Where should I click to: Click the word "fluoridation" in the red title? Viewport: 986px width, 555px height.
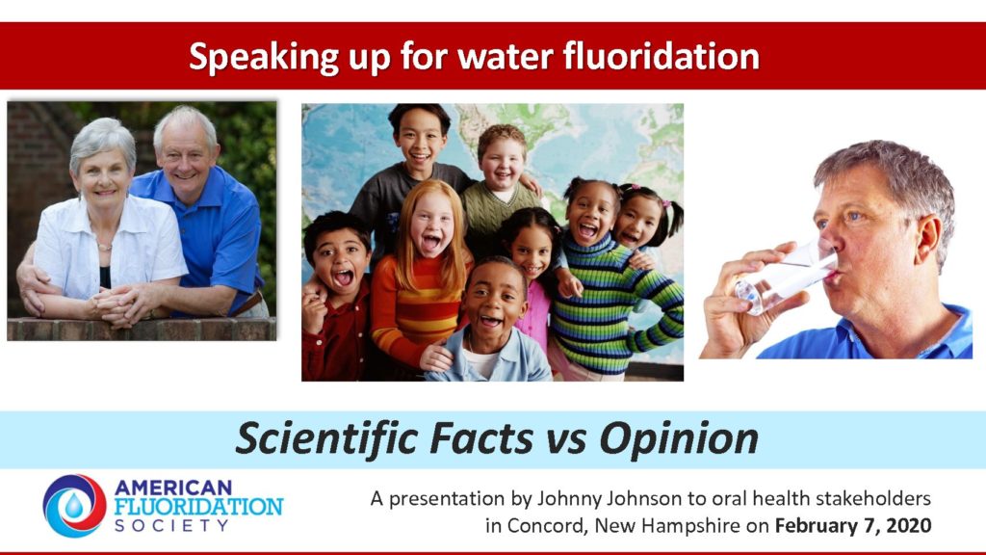click(661, 56)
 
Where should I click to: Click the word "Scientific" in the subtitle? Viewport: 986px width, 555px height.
click(327, 437)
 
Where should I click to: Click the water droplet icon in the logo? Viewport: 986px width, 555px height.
click(74, 505)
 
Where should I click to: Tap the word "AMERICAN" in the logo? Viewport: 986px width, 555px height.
click(173, 487)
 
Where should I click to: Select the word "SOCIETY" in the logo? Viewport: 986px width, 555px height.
click(171, 525)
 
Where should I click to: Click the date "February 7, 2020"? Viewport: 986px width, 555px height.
click(853, 525)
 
